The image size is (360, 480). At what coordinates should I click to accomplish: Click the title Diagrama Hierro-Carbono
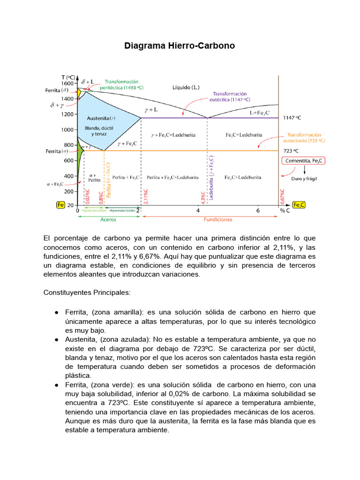click(x=180, y=46)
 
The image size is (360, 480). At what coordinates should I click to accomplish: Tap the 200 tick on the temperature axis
click(x=69, y=191)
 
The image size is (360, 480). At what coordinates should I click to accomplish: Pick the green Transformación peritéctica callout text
click(x=123, y=84)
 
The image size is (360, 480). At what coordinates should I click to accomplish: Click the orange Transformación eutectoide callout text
click(x=304, y=137)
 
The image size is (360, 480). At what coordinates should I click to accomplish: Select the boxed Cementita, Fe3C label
click(x=304, y=161)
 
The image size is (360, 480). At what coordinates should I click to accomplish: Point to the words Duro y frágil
click(x=304, y=179)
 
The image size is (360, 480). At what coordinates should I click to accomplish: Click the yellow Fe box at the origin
click(x=60, y=205)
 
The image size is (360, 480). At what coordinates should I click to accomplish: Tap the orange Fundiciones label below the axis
click(x=217, y=219)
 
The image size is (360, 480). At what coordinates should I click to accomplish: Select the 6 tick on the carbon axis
click(x=258, y=211)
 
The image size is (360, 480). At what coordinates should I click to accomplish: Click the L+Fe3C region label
click(x=259, y=113)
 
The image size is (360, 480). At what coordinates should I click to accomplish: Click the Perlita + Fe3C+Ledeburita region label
click(x=172, y=178)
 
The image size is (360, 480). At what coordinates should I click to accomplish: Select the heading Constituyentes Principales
click(x=87, y=292)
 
